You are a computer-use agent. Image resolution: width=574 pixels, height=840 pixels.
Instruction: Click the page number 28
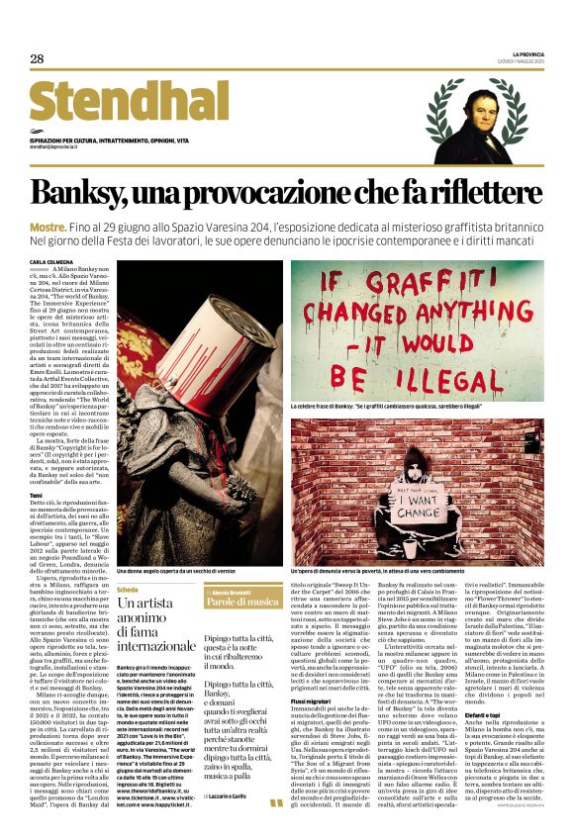[37, 58]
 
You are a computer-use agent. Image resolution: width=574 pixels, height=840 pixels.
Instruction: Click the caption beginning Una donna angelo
[159, 571]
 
